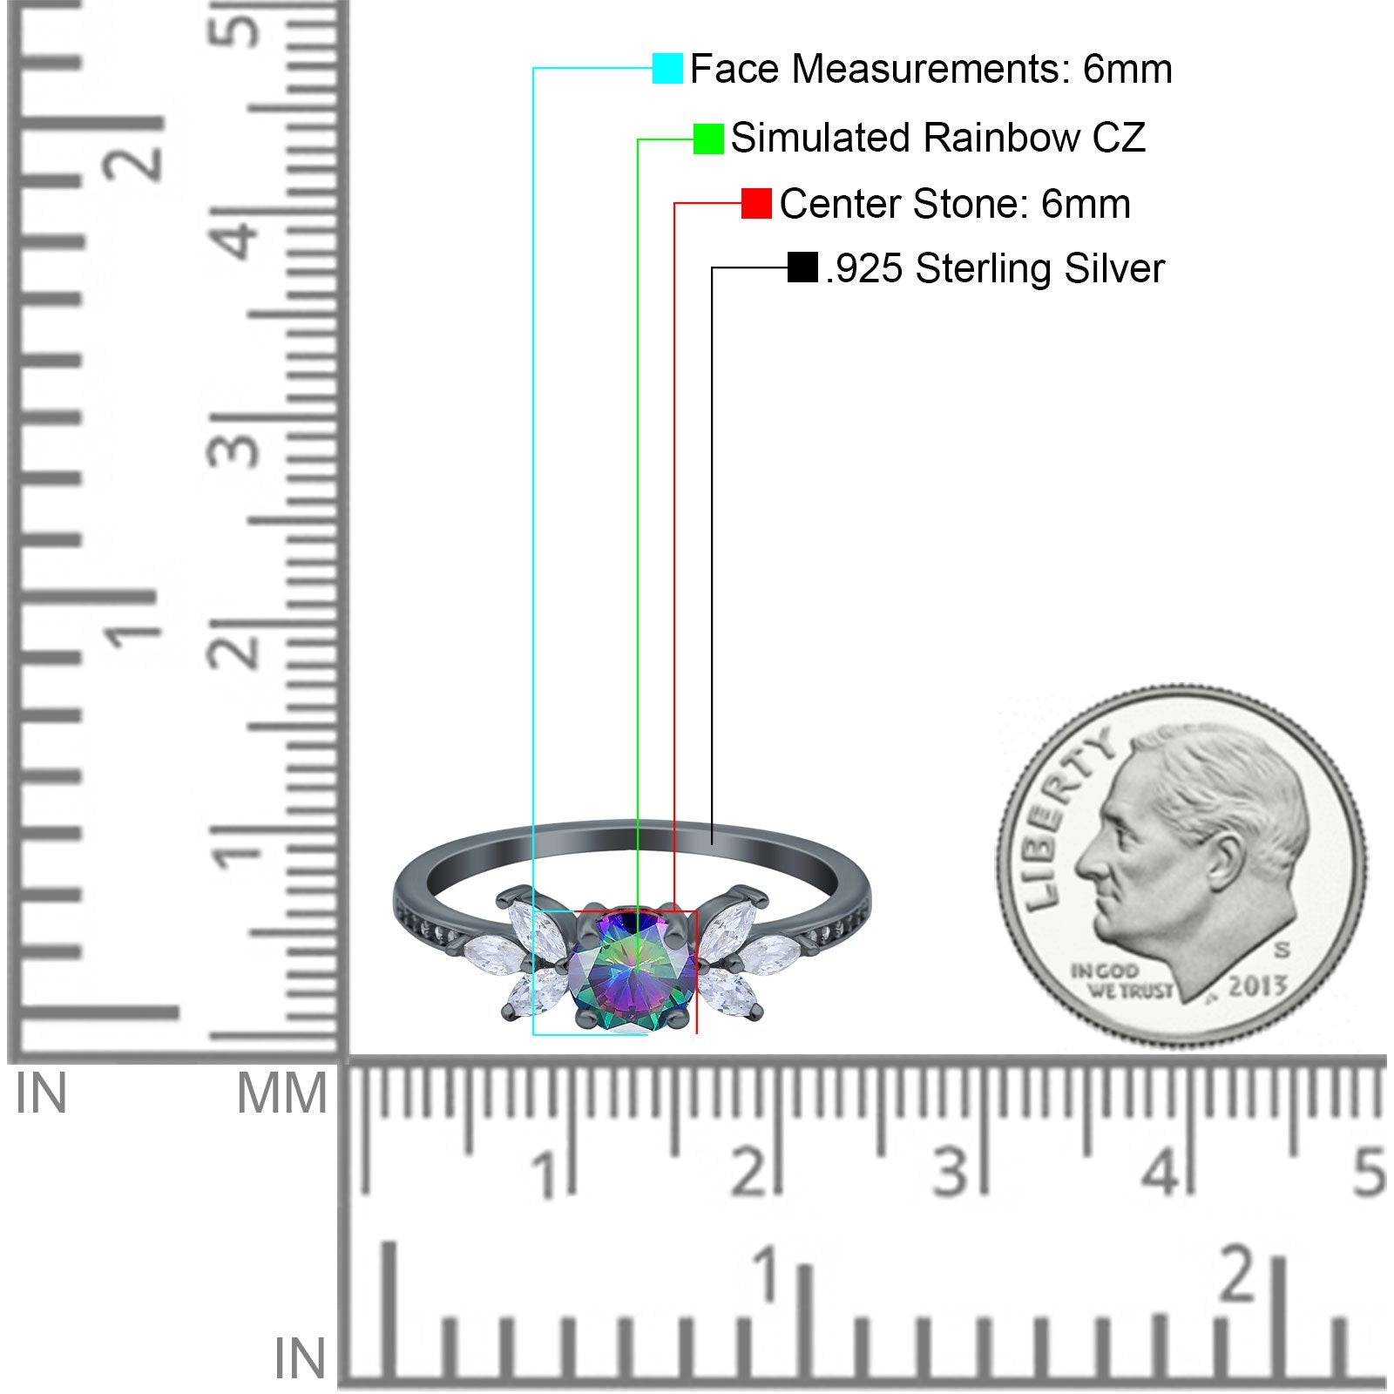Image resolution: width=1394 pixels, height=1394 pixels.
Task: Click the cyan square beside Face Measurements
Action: [x=667, y=68]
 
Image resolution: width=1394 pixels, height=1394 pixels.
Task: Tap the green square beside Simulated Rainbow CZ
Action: [x=708, y=139]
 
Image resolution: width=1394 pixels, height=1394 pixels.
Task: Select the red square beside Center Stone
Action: [x=756, y=204]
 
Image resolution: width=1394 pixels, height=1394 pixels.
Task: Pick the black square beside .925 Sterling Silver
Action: [x=802, y=267]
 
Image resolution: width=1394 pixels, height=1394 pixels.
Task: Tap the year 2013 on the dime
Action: [x=1256, y=986]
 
